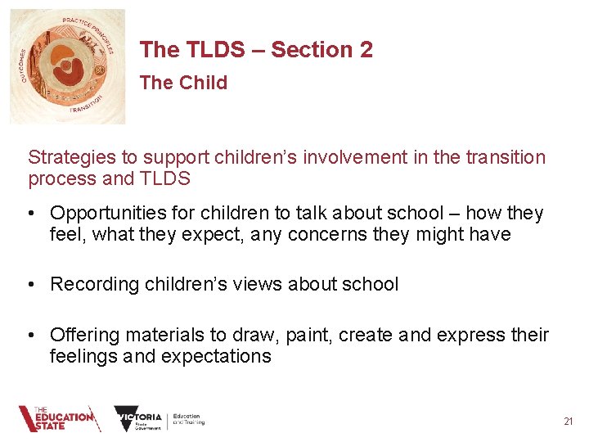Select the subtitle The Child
point(183,83)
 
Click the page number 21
point(569,421)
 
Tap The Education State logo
point(60,419)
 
